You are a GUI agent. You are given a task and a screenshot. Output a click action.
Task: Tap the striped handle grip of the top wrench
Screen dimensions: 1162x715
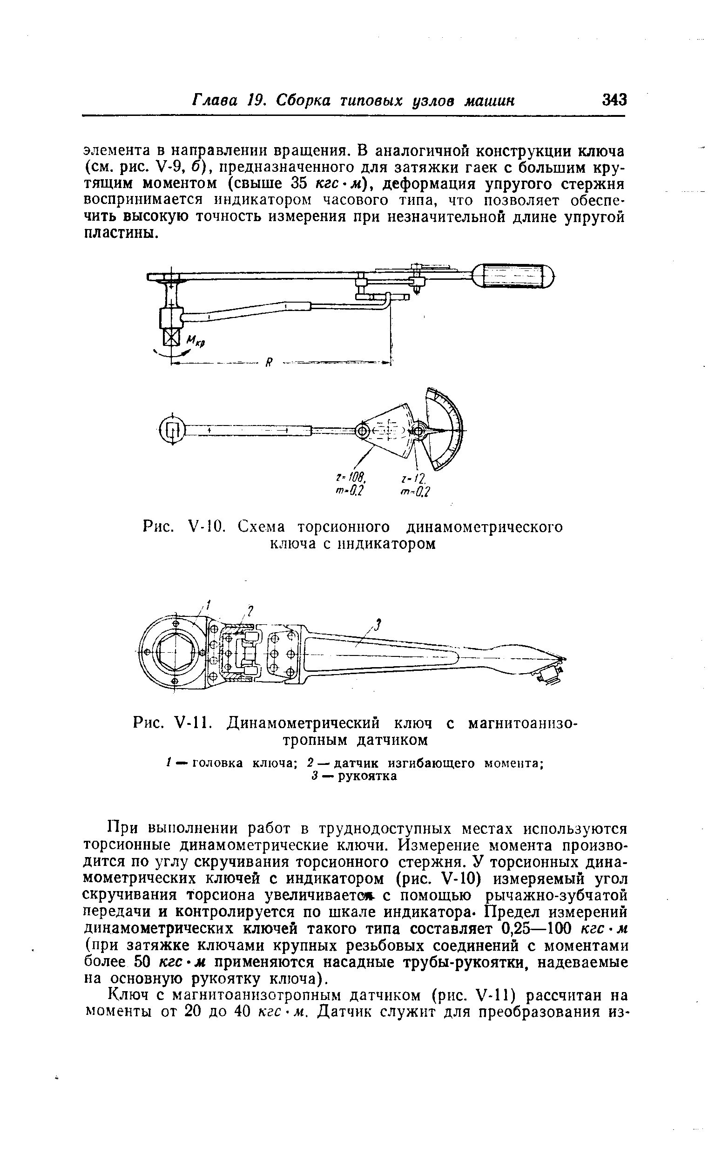tap(513, 275)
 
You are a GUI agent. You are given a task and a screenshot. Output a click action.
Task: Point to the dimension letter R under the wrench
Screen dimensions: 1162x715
tap(269, 363)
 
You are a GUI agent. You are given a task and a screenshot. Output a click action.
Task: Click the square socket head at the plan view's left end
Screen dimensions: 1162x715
tap(173, 429)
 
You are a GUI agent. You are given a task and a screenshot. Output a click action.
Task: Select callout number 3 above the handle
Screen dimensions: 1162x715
tap(378, 625)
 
